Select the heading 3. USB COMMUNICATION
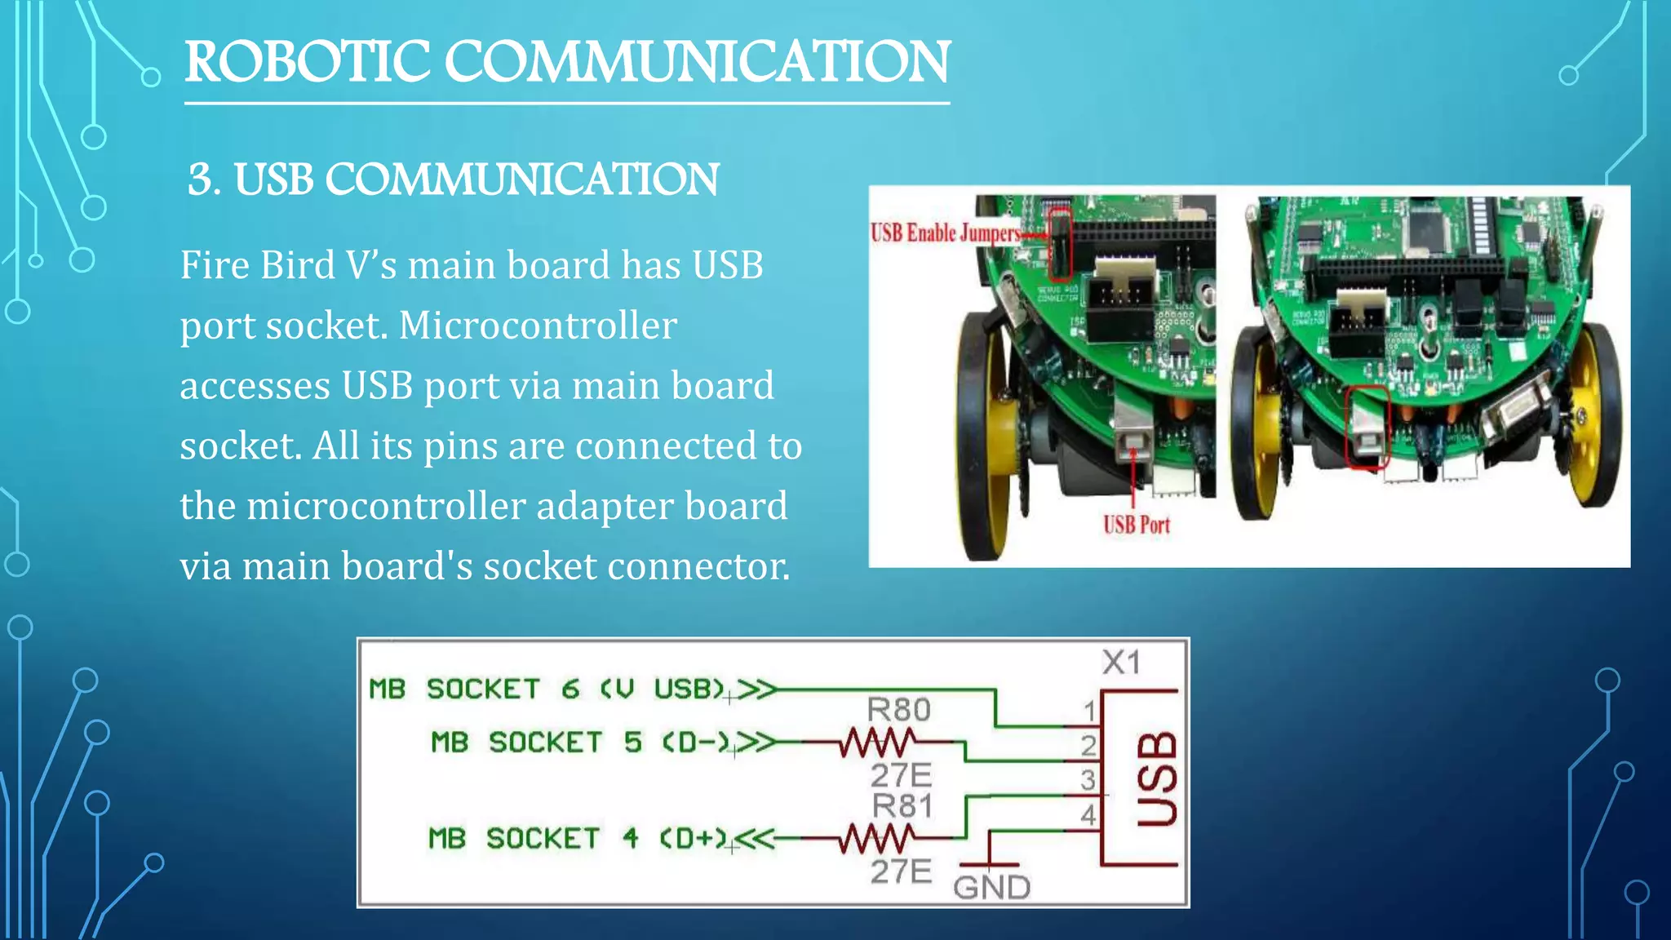(453, 180)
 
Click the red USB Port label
(1136, 525)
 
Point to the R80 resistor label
(898, 709)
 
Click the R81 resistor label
(902, 806)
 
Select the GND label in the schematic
(991, 887)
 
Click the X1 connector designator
(1121, 662)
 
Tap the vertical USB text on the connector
(1157, 778)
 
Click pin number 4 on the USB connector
(1088, 814)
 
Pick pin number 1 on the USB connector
(1089, 712)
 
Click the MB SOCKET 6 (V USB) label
(547, 689)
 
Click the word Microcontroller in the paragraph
(538, 326)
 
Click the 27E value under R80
(900, 774)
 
